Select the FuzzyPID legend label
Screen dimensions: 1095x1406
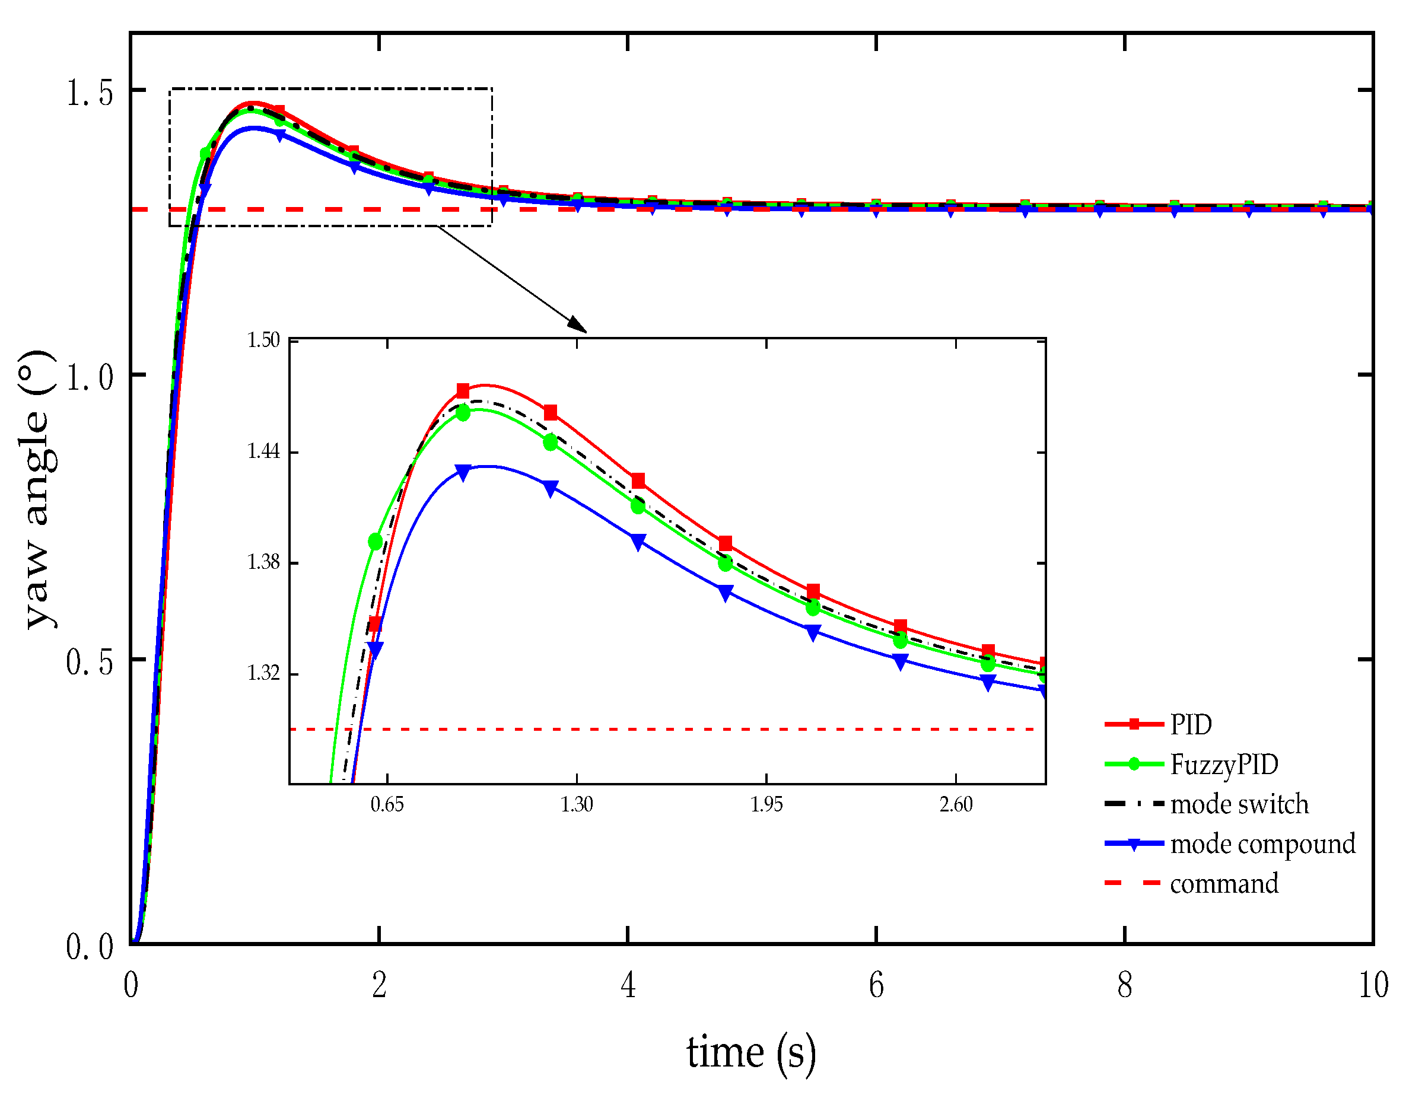click(1224, 765)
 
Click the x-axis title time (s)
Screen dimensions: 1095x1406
click(750, 1052)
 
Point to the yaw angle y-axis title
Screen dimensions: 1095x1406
click(37, 490)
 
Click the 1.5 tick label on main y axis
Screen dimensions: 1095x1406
click(90, 93)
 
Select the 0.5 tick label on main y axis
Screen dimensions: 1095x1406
click(90, 662)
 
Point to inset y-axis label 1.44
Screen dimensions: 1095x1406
click(264, 451)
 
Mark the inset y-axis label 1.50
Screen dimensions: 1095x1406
click(264, 340)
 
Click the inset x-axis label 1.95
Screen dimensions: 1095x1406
click(766, 805)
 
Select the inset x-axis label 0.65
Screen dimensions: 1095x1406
click(387, 805)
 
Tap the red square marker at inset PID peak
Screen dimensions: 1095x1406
click(463, 391)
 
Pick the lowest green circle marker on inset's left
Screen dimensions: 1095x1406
click(376, 542)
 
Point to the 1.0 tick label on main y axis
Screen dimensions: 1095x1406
click(90, 377)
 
